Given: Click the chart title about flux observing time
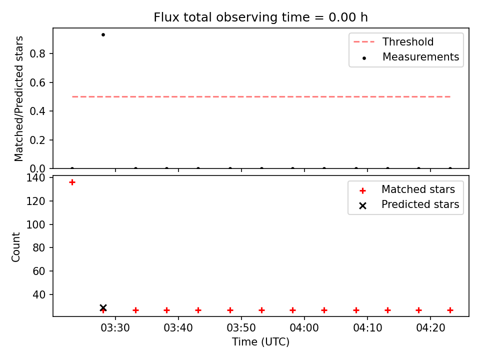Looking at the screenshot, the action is pos(260,17).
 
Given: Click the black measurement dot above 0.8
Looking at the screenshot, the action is pos(103,35).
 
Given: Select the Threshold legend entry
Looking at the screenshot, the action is pos(393,41).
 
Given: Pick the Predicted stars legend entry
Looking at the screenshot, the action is pos(409,205).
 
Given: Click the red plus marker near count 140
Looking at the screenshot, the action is pos(72,182).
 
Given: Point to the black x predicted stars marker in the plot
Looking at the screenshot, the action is pos(103,307).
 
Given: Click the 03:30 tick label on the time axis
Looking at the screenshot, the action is pos(115,328).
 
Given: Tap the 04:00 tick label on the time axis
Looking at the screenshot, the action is pos(304,328).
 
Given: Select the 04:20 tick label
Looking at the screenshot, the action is pos(430,328).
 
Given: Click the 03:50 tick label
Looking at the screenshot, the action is pos(241,328).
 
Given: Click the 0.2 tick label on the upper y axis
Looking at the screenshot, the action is pos(37,140).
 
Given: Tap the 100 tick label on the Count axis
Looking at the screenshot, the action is pos(35,224).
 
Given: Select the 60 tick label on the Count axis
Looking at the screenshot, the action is pos(39,271).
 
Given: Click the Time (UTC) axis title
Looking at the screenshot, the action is pos(260,342).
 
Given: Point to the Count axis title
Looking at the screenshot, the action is pos(16,247).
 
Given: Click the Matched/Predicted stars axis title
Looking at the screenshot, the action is pos(19,98).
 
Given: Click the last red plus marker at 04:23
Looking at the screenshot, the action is pos(450,310).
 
